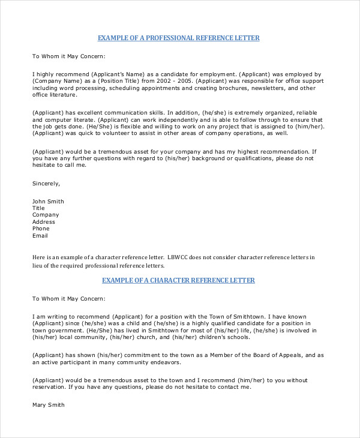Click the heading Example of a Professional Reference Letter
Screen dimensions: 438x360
(178, 38)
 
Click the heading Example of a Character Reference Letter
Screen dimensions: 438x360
(178, 280)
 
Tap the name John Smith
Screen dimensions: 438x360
(48, 201)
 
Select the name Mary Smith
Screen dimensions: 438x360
(48, 405)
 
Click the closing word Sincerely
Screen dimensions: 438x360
(46, 183)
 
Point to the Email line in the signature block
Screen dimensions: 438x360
(40, 236)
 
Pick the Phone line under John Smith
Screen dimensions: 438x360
(41, 229)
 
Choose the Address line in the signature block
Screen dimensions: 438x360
(43, 222)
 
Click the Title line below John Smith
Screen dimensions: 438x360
(39, 208)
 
